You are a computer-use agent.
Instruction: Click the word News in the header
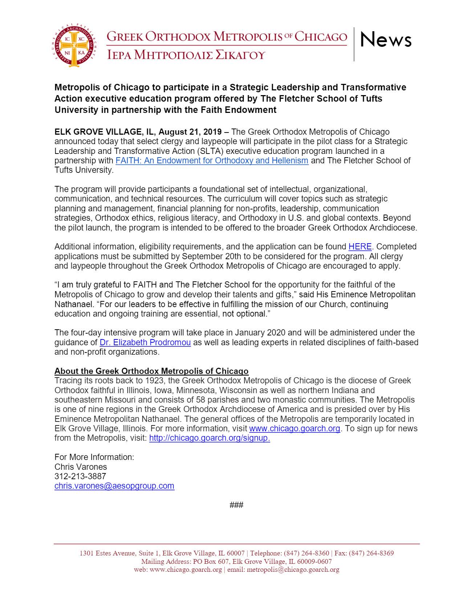(386, 39)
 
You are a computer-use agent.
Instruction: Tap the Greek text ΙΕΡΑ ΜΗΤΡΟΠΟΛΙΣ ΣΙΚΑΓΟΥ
(186, 55)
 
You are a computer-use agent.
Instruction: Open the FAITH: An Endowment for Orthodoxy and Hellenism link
(212, 160)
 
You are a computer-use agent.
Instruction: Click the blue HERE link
(360, 247)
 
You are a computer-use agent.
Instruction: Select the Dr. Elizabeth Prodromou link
(145, 342)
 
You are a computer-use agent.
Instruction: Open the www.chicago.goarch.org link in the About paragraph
(295, 428)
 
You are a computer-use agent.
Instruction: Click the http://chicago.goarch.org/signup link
(210, 438)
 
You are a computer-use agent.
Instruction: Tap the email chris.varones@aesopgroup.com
(114, 486)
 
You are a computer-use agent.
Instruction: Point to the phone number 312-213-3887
(80, 476)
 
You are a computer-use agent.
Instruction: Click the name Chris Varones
(81, 467)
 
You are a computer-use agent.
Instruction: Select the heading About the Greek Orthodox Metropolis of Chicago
(151, 371)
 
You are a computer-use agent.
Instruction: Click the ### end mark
(236, 505)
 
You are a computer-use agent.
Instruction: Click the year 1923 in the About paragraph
(154, 381)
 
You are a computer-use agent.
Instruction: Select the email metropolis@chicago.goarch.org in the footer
(293, 570)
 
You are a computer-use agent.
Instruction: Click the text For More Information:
(94, 457)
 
